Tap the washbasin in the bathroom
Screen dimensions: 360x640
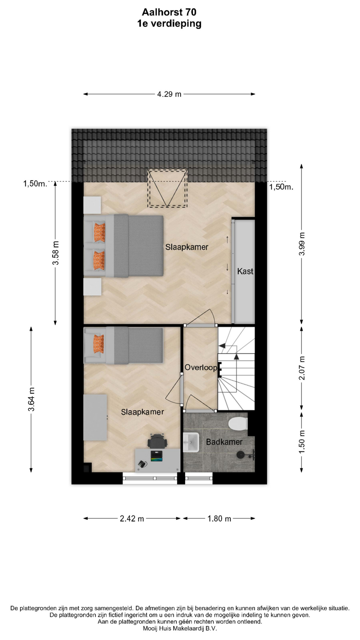[191, 442]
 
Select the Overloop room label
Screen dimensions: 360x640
[201, 367]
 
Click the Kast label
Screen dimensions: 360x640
[245, 271]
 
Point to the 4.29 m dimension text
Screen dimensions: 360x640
[169, 94]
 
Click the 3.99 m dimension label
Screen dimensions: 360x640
[302, 244]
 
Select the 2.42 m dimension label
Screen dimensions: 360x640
[132, 519]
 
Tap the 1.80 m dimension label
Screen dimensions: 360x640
[219, 519]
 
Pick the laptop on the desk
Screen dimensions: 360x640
[156, 456]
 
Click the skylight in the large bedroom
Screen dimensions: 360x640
[168, 188]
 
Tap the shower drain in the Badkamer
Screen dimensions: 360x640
[240, 455]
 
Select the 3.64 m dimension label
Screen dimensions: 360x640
[31, 399]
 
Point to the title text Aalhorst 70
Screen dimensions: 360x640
[169, 12]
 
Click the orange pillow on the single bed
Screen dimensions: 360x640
[99, 344]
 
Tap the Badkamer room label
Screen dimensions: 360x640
[224, 442]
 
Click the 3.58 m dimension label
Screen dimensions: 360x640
[56, 253]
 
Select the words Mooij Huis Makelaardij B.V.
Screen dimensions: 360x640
[180, 628]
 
